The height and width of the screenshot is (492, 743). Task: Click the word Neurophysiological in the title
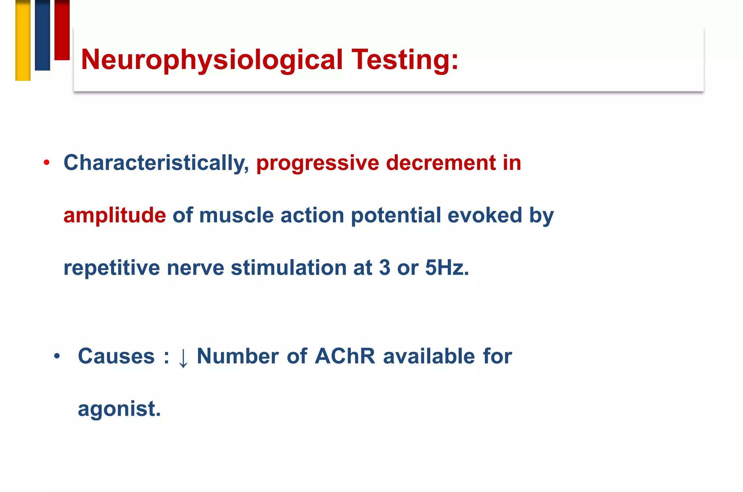pyautogui.click(x=212, y=60)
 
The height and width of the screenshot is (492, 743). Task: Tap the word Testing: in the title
pyautogui.click(x=405, y=60)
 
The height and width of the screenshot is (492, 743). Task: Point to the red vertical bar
pyautogui.click(x=62, y=30)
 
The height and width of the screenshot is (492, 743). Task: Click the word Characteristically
pyautogui.click(x=156, y=163)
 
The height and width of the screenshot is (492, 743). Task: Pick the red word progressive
pyautogui.click(x=317, y=163)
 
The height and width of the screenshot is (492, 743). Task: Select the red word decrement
pyautogui.click(x=440, y=163)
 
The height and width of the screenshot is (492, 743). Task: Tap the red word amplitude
pyautogui.click(x=115, y=215)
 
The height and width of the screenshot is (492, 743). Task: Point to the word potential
pyautogui.click(x=396, y=215)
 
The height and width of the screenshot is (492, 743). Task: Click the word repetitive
pyautogui.click(x=112, y=268)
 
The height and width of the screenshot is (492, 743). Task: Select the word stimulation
pyautogui.click(x=288, y=268)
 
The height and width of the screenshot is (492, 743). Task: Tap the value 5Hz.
pyautogui.click(x=447, y=268)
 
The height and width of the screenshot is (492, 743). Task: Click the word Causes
pyautogui.click(x=116, y=356)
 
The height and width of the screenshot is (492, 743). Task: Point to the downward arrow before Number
pyautogui.click(x=183, y=358)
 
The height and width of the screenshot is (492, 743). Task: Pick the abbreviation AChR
pyautogui.click(x=345, y=356)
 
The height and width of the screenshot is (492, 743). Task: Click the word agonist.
pyautogui.click(x=119, y=409)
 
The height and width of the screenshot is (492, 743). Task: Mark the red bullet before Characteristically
pyautogui.click(x=46, y=162)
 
